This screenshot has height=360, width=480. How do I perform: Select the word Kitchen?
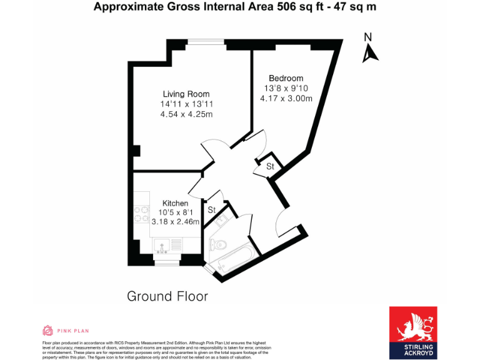pos(175,203)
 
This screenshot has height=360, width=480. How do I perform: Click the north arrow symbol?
pos(370,53)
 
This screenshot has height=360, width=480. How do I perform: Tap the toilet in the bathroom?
pos(219,245)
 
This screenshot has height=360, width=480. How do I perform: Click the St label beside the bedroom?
pos(270,166)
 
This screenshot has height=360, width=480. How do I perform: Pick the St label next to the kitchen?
pos(211,209)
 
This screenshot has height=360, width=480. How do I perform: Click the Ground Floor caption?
pos(167,296)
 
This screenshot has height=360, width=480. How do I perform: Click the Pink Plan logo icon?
pos(47,330)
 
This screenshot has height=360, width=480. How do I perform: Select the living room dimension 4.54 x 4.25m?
pos(186,114)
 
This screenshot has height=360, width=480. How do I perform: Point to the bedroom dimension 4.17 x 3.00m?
pos(286,98)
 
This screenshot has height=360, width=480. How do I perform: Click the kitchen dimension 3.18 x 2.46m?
pos(175,221)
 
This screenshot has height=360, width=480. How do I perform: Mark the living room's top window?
pos(206,42)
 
